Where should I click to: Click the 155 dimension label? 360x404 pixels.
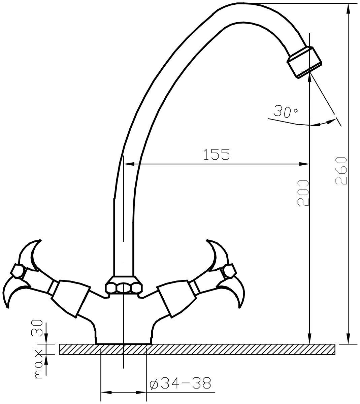tap(217, 154)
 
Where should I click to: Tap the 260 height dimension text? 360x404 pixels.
tap(341, 171)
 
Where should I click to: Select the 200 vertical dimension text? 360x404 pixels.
tap(303, 193)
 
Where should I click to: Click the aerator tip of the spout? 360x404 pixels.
tap(304, 62)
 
